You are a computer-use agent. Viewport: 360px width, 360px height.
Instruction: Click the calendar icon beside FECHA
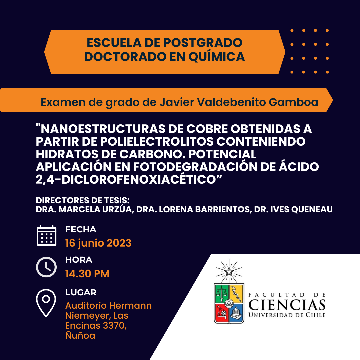[x=46, y=235]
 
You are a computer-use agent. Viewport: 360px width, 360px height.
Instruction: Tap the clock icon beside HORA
[x=46, y=267]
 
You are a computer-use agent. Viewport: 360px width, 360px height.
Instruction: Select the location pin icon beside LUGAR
[x=46, y=303]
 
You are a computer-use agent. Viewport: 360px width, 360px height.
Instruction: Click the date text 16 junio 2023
[x=98, y=243]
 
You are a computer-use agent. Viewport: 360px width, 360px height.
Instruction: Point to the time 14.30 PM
[x=87, y=274]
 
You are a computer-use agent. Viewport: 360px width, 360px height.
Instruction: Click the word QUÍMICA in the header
[x=217, y=57]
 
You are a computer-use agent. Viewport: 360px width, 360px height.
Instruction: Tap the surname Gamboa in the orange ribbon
[x=293, y=102]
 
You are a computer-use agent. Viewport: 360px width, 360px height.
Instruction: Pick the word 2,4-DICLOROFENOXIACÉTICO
[x=129, y=180]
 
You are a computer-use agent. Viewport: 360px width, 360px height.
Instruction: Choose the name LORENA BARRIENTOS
[x=204, y=209]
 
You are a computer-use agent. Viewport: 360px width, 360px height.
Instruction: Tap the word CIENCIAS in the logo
[x=287, y=305]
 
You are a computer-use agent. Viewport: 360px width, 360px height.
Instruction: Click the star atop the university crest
[x=229, y=272]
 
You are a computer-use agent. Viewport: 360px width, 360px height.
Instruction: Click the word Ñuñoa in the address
[x=80, y=335]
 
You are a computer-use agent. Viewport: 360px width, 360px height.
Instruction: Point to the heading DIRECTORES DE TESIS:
[x=83, y=200]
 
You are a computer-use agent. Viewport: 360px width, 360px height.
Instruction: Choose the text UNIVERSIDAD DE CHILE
[x=287, y=315]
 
